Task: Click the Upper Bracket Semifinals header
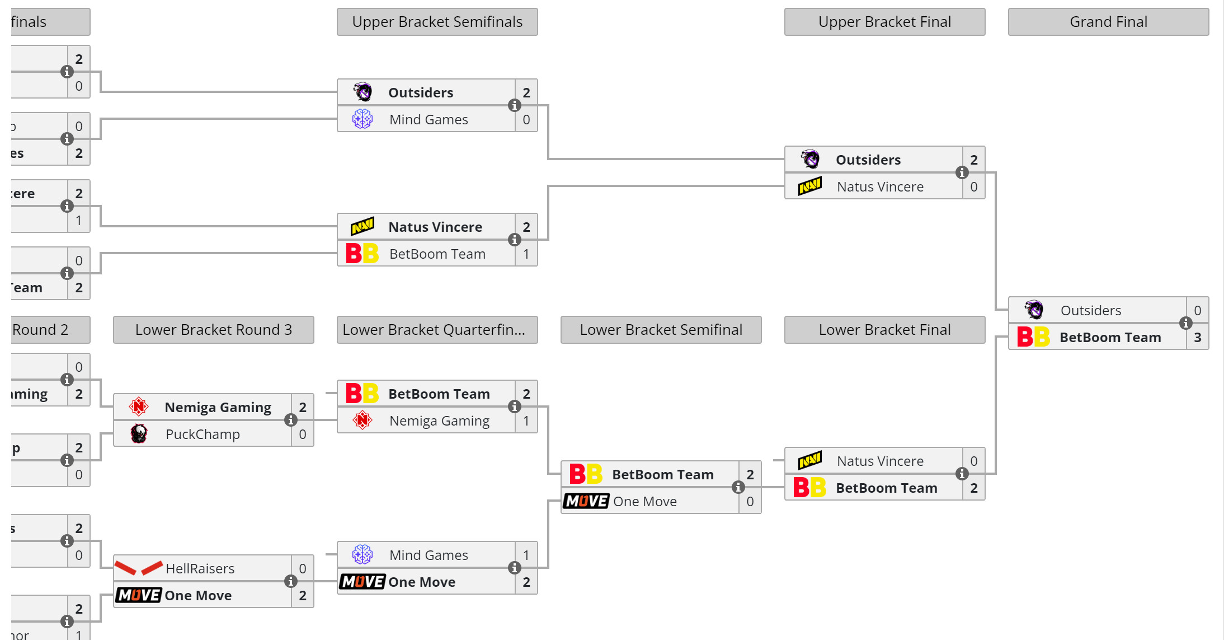point(437,22)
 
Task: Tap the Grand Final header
point(1108,22)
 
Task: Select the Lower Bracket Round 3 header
point(213,330)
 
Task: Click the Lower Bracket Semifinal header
point(661,330)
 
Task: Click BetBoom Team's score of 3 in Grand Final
point(1198,338)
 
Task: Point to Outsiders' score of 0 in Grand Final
point(1198,311)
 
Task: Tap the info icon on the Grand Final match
point(1185,323)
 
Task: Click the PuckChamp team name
point(203,435)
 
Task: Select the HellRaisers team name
point(200,569)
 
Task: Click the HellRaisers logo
point(138,568)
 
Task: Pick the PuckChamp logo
point(139,434)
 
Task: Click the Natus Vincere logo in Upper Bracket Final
point(809,186)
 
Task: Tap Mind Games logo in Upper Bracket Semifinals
point(363,119)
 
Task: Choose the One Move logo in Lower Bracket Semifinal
point(586,501)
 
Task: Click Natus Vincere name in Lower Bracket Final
point(880,461)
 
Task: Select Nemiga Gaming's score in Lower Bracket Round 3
point(303,408)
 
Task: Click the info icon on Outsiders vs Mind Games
point(514,105)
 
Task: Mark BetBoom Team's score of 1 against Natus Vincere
point(526,254)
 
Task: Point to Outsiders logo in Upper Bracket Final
point(809,160)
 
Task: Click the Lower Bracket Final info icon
point(962,474)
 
